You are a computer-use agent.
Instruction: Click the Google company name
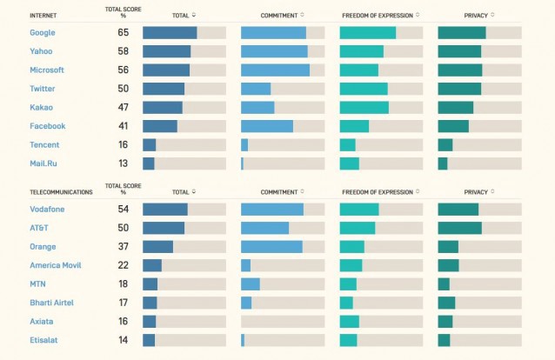point(43,32)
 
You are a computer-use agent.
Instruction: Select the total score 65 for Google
point(124,32)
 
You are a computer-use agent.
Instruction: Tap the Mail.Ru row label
point(43,163)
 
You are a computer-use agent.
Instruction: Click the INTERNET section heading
point(44,14)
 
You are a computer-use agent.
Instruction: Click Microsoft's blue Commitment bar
point(275,70)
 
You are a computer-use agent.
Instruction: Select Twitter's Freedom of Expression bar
point(364,89)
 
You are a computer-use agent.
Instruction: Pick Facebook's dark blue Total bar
point(160,126)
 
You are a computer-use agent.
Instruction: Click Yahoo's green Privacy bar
point(459,51)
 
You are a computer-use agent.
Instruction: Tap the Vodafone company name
point(47,210)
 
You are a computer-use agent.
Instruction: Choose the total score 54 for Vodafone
point(124,210)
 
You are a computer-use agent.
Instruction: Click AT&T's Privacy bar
point(459,228)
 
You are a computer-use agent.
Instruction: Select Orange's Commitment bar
point(271,247)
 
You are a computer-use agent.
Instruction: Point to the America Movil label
point(56,265)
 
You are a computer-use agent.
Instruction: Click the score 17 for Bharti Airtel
point(124,303)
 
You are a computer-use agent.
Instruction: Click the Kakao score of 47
point(124,107)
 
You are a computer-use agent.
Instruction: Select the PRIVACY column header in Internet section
point(476,15)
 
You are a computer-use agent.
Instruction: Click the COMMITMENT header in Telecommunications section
point(279,192)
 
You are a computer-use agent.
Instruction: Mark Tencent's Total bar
point(150,144)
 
